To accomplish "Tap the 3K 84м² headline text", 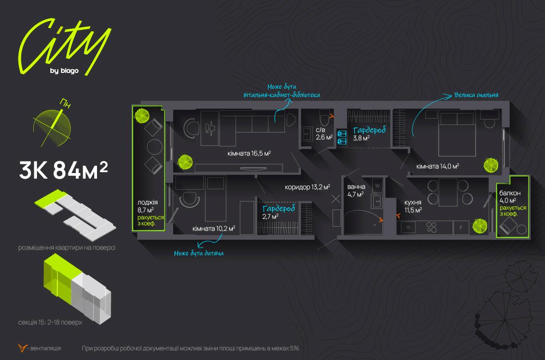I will coord(63,171).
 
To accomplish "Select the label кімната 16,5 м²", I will coord(248,153).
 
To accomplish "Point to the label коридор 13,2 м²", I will coord(307,187).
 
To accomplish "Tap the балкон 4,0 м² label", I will coord(510,197).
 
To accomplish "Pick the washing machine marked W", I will coord(377,186).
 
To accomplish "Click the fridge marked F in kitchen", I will coord(460,228).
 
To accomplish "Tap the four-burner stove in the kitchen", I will coord(432,227).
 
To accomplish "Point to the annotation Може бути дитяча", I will coord(202,253).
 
